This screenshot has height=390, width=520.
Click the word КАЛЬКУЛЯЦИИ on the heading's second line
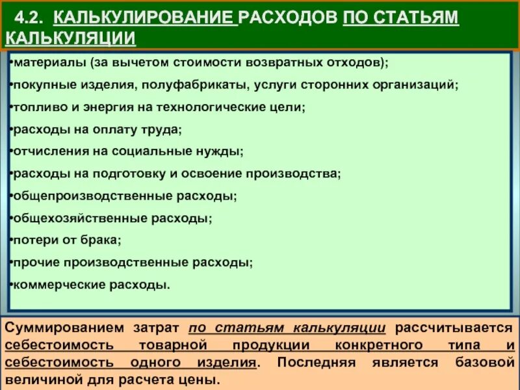click(x=71, y=38)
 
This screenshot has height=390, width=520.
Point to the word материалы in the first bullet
click(x=44, y=63)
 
